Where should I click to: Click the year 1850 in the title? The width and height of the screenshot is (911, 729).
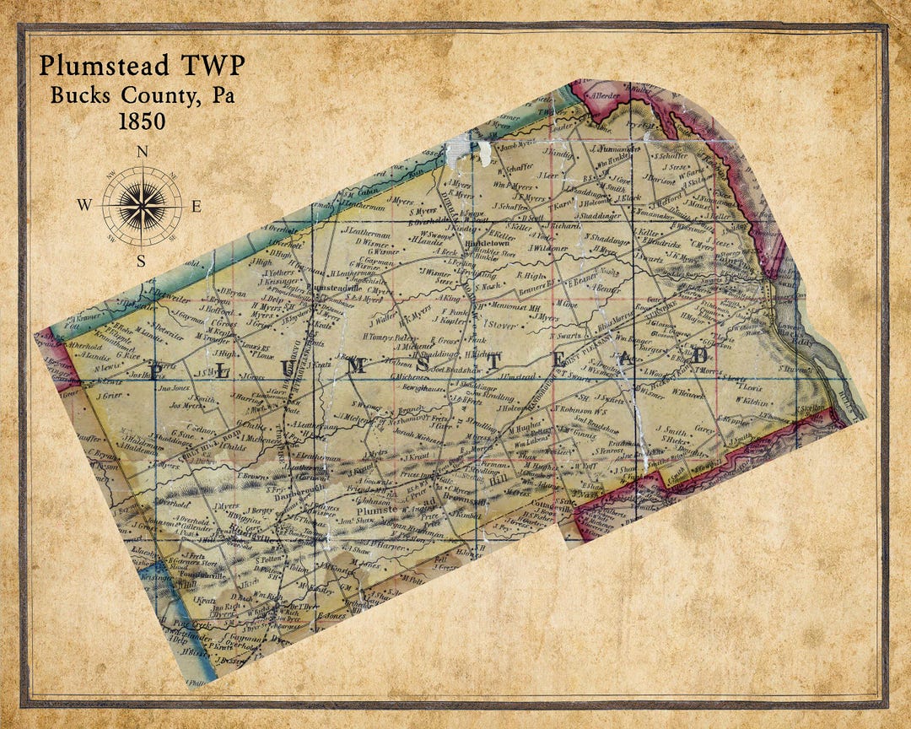click(x=141, y=121)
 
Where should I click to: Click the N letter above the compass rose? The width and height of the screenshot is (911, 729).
click(x=142, y=153)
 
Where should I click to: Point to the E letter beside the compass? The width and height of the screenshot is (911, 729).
click(x=196, y=206)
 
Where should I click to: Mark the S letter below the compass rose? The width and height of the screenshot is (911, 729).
click(x=142, y=260)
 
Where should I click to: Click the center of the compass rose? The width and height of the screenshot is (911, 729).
click(x=142, y=206)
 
